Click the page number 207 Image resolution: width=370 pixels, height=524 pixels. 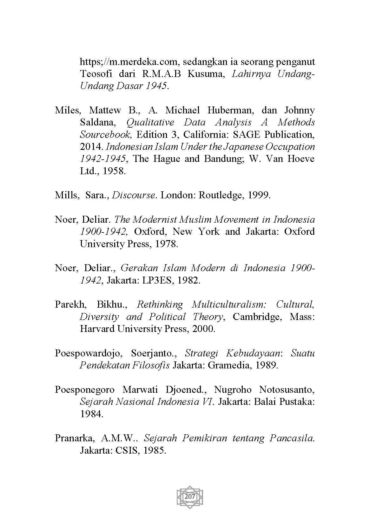189,496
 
